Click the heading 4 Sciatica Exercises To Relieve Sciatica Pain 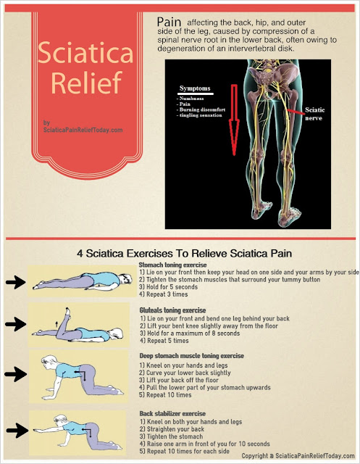coord(180,254)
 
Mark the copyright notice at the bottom coord(298,457)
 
